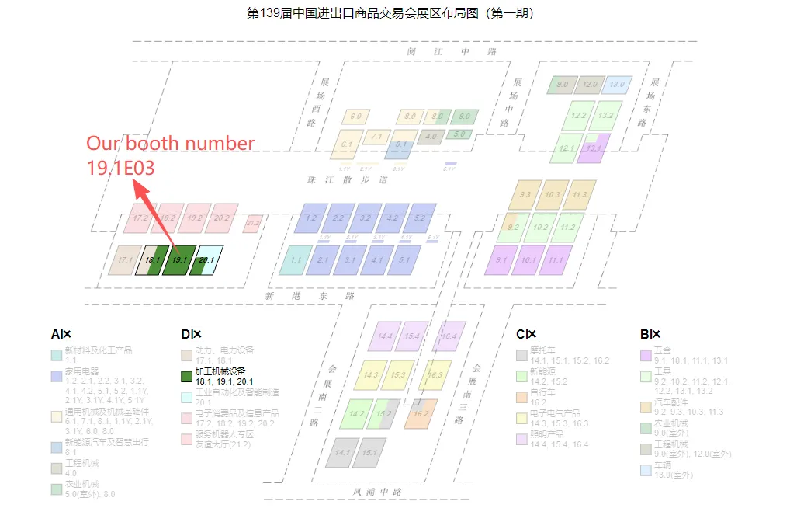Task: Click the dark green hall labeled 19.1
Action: (179, 259)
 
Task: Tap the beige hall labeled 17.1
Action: (124, 259)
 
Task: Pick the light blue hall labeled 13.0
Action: (617, 84)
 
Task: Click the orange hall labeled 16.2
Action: (420, 414)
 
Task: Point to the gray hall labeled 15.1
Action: (369, 452)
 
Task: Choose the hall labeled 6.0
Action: (355, 117)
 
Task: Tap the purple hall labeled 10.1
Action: (529, 259)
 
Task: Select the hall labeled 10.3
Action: (552, 194)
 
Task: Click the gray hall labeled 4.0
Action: (431, 137)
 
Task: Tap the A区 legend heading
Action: (61, 335)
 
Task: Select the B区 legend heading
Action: (650, 335)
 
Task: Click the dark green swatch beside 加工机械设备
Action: (186, 376)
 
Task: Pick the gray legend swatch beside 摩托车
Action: (521, 355)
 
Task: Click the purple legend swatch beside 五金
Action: (646, 355)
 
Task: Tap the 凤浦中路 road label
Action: (378, 491)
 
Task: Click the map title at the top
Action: (390, 13)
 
